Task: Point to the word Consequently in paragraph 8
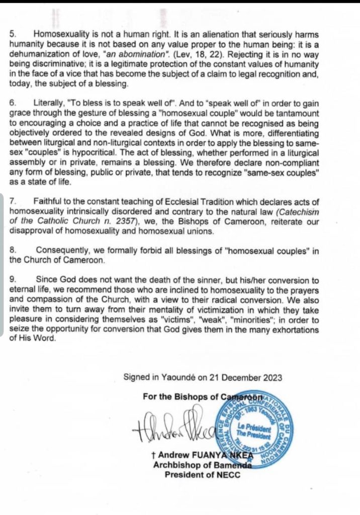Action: [64, 250]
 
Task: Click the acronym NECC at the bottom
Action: [230, 474]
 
